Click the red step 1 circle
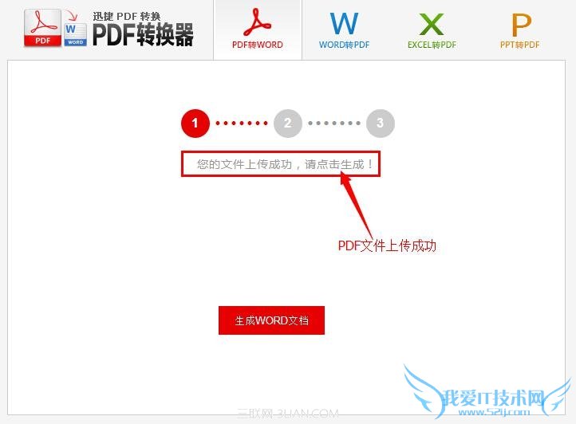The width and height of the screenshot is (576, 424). tap(195, 124)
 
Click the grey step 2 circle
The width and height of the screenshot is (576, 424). tap(288, 124)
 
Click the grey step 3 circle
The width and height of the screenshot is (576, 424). tap(381, 124)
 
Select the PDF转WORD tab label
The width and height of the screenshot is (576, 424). tap(258, 45)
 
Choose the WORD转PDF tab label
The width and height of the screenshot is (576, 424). tap(344, 45)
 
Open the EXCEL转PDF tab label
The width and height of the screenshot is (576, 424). tap(432, 45)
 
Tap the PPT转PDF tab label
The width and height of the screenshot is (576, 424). tap(519, 45)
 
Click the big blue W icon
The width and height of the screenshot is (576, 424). tap(344, 22)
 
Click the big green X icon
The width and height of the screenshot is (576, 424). tap(432, 22)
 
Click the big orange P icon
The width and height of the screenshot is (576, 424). tap(520, 22)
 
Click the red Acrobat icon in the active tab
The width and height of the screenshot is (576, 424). tap(258, 22)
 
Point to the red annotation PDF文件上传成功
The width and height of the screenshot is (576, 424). tap(387, 245)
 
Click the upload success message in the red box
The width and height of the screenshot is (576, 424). tap(281, 164)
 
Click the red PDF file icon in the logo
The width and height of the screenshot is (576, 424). tap(41, 29)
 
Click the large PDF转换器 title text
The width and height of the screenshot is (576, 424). tap(143, 33)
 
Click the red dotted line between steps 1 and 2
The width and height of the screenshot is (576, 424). tap(242, 124)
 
